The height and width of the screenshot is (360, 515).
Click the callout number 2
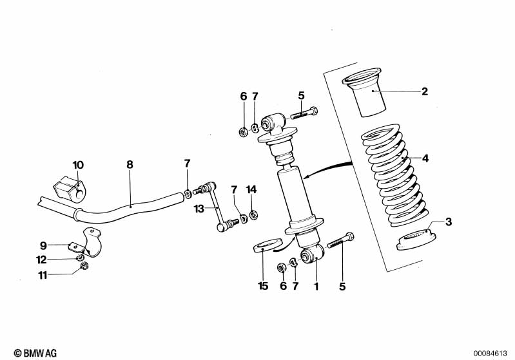click(x=425, y=91)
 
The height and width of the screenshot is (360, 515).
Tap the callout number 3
click(x=449, y=222)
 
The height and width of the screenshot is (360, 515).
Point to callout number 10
click(x=78, y=165)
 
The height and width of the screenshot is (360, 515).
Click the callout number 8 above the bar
click(x=130, y=165)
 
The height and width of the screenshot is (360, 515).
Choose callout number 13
click(x=199, y=208)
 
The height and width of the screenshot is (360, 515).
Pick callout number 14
click(x=251, y=189)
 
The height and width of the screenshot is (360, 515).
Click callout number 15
click(x=262, y=286)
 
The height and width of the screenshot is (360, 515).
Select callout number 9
click(x=43, y=245)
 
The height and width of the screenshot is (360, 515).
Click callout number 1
click(x=316, y=286)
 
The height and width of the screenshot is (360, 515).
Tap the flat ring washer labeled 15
click(x=264, y=246)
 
